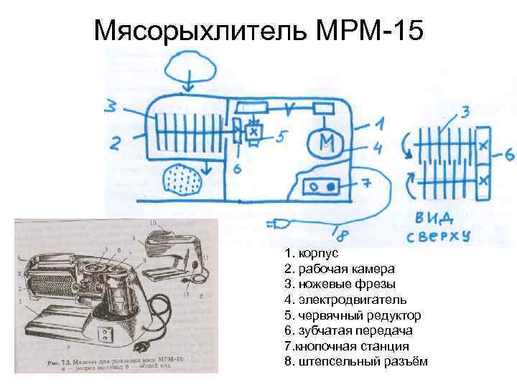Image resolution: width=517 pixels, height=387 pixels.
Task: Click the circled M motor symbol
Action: pyautogui.click(x=325, y=141)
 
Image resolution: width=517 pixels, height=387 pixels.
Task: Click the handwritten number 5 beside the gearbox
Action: pyautogui.click(x=282, y=136)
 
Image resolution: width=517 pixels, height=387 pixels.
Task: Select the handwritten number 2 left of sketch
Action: pyautogui.click(x=115, y=143)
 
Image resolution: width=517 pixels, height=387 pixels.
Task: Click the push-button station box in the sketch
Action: pyautogui.click(x=322, y=186)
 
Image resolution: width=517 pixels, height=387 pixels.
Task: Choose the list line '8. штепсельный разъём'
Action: pyautogui.click(x=355, y=360)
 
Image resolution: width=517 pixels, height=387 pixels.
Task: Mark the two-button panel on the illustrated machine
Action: pyautogui.click(x=106, y=333)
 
